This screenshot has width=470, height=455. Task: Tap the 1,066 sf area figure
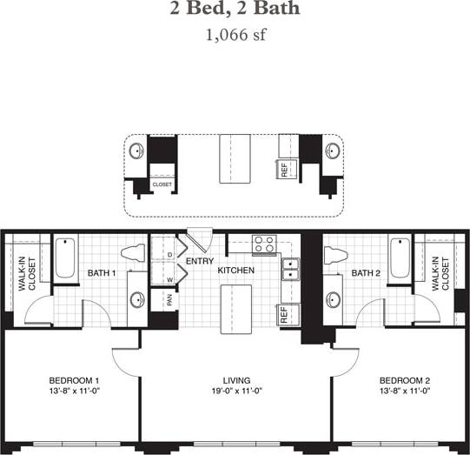click(235, 36)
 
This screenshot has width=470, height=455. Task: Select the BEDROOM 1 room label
click(73, 381)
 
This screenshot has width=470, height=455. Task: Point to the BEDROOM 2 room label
click(405, 381)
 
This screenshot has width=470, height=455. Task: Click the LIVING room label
click(235, 381)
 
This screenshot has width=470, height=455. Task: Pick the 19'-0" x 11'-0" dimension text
click(235, 392)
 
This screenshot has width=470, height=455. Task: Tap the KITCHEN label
click(235, 271)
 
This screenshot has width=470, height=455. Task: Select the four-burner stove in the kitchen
click(264, 244)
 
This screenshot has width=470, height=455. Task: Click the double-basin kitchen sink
click(290, 271)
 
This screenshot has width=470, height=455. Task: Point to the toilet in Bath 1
click(133, 253)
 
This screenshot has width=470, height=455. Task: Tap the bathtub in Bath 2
click(400, 258)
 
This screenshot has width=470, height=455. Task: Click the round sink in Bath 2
click(334, 300)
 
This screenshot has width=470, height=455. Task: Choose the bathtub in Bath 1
click(65, 258)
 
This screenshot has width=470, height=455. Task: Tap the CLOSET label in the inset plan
click(162, 184)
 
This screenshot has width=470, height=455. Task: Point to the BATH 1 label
click(102, 273)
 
